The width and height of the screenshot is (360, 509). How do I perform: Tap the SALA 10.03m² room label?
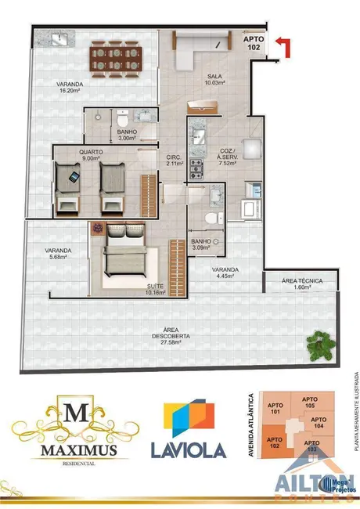pos(214,78)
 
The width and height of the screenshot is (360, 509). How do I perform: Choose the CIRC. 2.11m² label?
pos(173,161)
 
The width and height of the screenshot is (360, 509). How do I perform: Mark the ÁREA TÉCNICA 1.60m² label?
pos(301,283)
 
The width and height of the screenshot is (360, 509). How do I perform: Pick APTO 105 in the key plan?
pos(311,403)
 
